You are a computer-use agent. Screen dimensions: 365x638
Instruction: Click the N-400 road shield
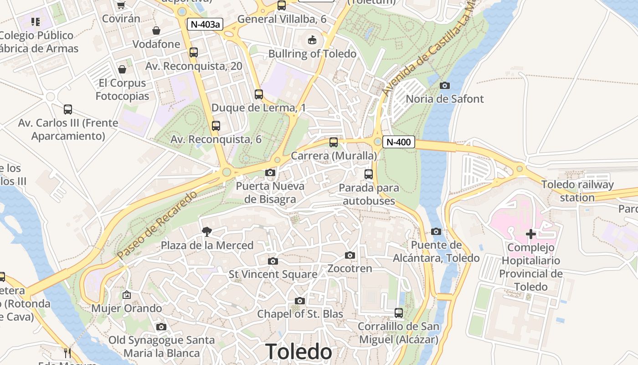[398, 142]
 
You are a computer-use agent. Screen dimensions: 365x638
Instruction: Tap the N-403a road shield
[205, 24]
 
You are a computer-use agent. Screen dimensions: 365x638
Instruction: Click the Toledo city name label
[298, 352]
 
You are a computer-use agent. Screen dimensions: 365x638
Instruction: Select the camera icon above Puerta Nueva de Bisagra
[270, 172]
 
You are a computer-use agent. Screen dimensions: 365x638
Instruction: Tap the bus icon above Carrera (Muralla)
[334, 142]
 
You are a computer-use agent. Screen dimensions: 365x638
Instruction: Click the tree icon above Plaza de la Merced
[207, 232]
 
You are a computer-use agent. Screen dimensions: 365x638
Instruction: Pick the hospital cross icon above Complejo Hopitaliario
[530, 234]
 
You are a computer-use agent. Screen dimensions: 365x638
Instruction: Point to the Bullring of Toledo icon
[312, 40]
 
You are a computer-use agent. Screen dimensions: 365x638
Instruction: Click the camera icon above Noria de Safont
[445, 85]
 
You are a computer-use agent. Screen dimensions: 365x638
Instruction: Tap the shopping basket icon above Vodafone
[156, 31]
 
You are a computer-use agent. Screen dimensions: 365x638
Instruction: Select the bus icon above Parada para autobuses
[369, 174]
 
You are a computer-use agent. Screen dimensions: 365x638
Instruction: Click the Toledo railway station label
[577, 191]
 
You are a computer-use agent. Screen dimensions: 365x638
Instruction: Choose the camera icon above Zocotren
[350, 255]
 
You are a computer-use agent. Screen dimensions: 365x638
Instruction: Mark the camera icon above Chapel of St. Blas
[300, 301]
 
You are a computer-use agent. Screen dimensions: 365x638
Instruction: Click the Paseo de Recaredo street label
[157, 225]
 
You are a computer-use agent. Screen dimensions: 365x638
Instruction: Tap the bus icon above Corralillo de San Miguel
[399, 313]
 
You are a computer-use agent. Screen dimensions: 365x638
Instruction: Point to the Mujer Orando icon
[127, 295]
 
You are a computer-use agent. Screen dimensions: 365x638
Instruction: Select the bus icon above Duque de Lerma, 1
[259, 94]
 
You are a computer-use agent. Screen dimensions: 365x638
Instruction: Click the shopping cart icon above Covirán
[121, 5]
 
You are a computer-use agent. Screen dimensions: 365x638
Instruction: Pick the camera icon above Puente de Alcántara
[436, 232]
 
